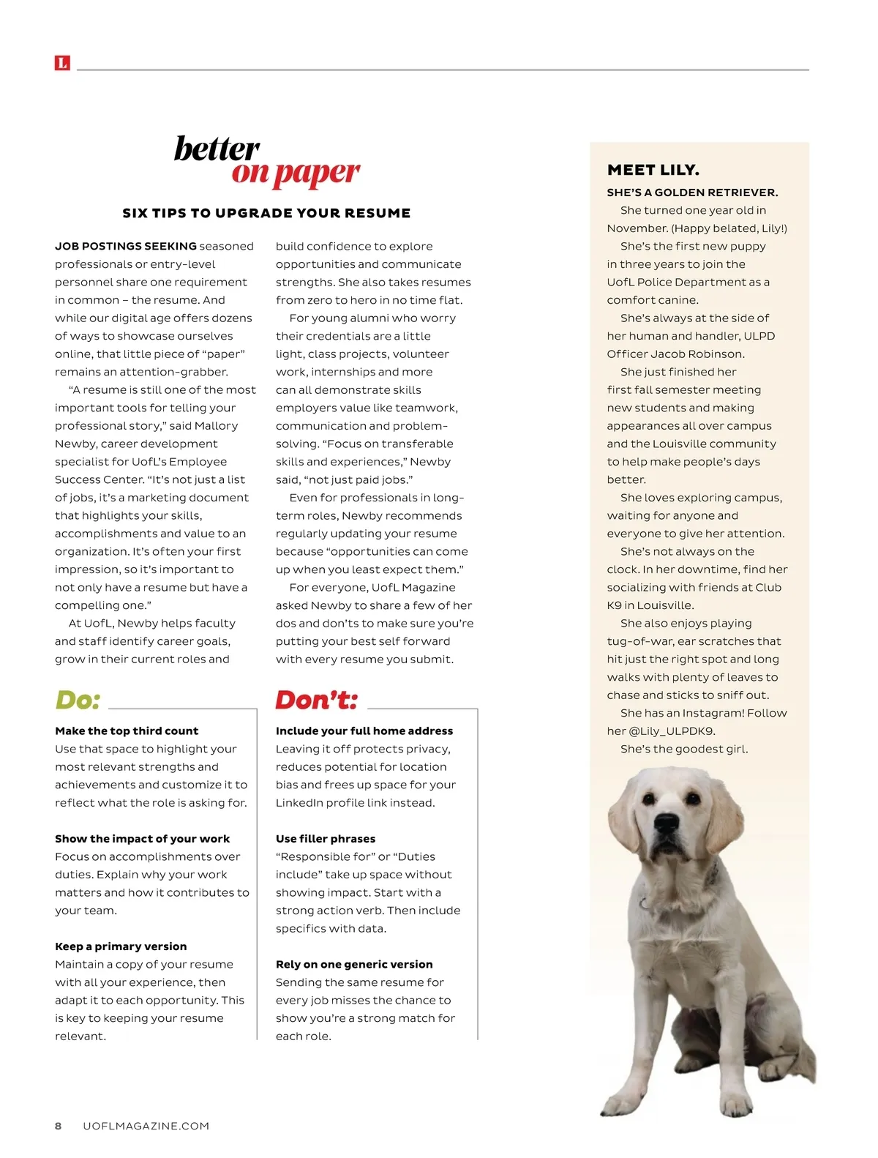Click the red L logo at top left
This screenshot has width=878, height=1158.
pos(62,63)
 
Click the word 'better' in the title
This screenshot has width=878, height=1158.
pos(217,149)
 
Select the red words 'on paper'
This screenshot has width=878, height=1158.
pos(296,173)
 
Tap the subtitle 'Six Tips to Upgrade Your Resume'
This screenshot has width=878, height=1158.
pos(266,213)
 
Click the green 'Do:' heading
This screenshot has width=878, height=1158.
pos(78,700)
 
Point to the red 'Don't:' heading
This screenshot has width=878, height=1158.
pos(317,700)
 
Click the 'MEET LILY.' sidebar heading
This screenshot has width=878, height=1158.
pos(653,170)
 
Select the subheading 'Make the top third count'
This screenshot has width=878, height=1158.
pos(127,731)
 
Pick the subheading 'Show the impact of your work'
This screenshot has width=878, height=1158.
pos(142,838)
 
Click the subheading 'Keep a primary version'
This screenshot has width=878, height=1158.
pos(121,946)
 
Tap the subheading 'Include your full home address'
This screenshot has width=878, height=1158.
pos(364,731)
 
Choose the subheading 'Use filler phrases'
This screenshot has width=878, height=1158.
pos(325,838)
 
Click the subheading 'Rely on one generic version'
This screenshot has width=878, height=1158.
pos(353,964)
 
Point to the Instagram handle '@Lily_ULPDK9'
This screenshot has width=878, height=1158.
pos(672,731)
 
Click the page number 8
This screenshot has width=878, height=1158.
pos(59,1126)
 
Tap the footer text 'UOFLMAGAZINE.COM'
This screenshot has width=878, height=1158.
pos(146,1126)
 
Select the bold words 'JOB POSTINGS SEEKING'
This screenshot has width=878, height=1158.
pos(126,246)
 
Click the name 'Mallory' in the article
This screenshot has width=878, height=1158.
pos(217,425)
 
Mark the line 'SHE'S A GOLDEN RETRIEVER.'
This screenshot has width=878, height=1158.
pos(692,193)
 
